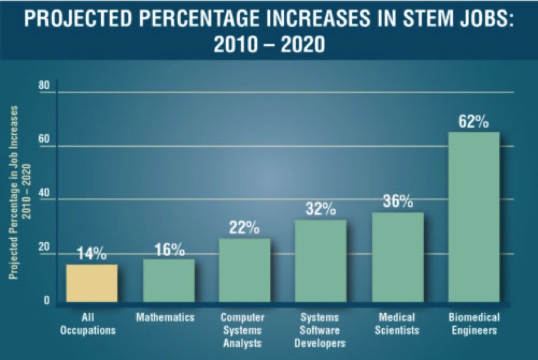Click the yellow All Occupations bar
click(x=92, y=283)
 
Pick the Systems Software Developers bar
click(x=320, y=261)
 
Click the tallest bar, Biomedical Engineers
click(x=474, y=217)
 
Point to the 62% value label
click(x=474, y=122)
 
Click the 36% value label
click(x=398, y=202)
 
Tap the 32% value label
click(x=321, y=209)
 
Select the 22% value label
click(x=244, y=228)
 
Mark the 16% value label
click(x=169, y=250)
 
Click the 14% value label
click(x=92, y=254)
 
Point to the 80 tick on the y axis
click(x=43, y=87)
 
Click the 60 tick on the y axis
click(x=43, y=147)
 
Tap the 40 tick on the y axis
click(x=43, y=200)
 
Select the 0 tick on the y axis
click(x=46, y=301)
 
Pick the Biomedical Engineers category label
click(x=474, y=324)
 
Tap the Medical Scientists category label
click(x=398, y=324)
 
